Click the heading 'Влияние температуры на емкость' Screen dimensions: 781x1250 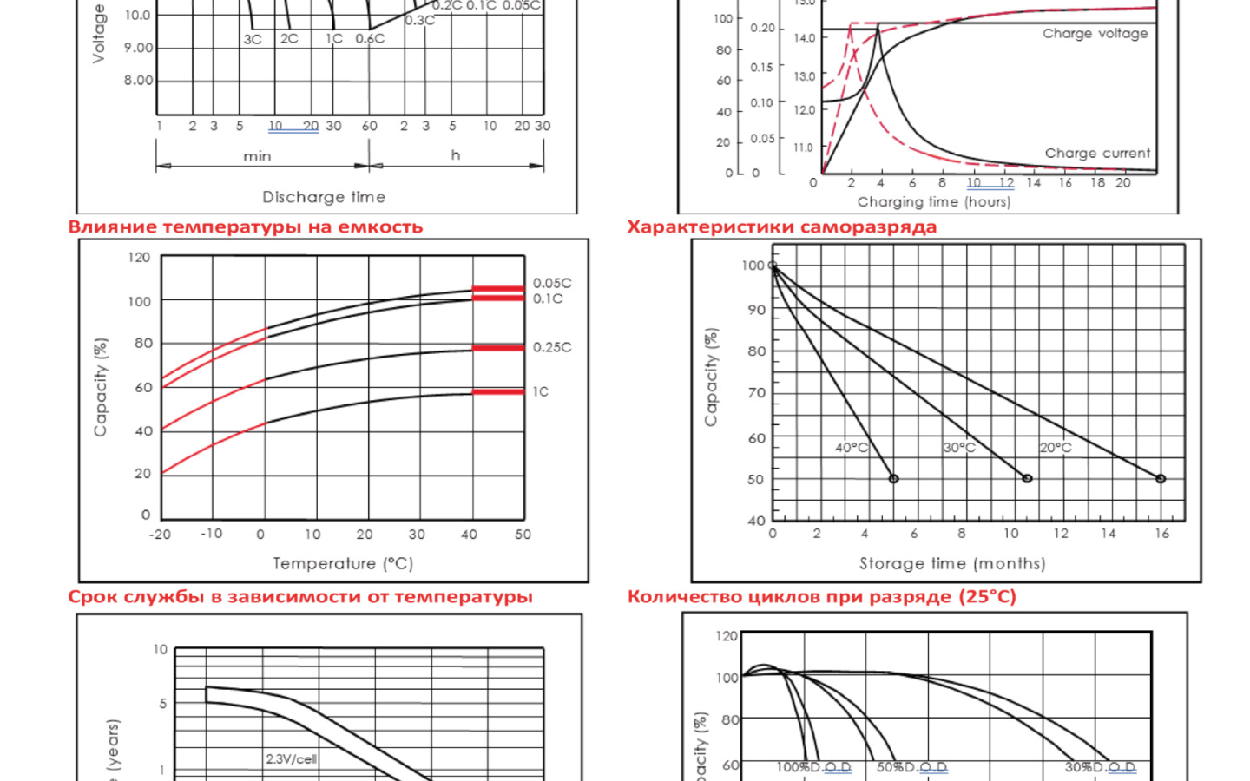(x=246, y=227)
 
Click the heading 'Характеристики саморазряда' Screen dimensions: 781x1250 (x=782, y=227)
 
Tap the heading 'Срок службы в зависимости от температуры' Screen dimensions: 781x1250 (x=300, y=597)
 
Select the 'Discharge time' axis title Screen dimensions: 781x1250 (x=324, y=197)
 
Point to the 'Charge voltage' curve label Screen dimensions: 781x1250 (x=1095, y=34)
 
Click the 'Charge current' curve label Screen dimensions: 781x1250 (x=1097, y=154)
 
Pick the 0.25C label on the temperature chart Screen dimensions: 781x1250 (x=552, y=347)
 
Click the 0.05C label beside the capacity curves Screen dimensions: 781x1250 (x=552, y=283)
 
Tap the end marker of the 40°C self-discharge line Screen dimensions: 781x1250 (x=893, y=479)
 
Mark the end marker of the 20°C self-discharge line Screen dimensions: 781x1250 (x=1161, y=479)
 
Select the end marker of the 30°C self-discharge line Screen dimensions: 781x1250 (x=1027, y=479)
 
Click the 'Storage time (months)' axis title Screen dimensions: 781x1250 (x=952, y=564)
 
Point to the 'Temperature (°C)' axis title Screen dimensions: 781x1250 (x=343, y=564)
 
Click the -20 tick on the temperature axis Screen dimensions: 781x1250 (x=161, y=535)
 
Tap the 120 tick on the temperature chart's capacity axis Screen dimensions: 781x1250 (x=139, y=258)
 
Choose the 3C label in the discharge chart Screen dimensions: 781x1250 (x=253, y=39)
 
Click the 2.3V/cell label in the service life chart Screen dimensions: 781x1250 (x=292, y=759)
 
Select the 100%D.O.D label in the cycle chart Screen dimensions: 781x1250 (x=813, y=768)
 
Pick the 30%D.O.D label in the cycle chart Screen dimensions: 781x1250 (x=1100, y=768)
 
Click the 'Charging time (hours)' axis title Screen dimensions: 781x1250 (x=934, y=202)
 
